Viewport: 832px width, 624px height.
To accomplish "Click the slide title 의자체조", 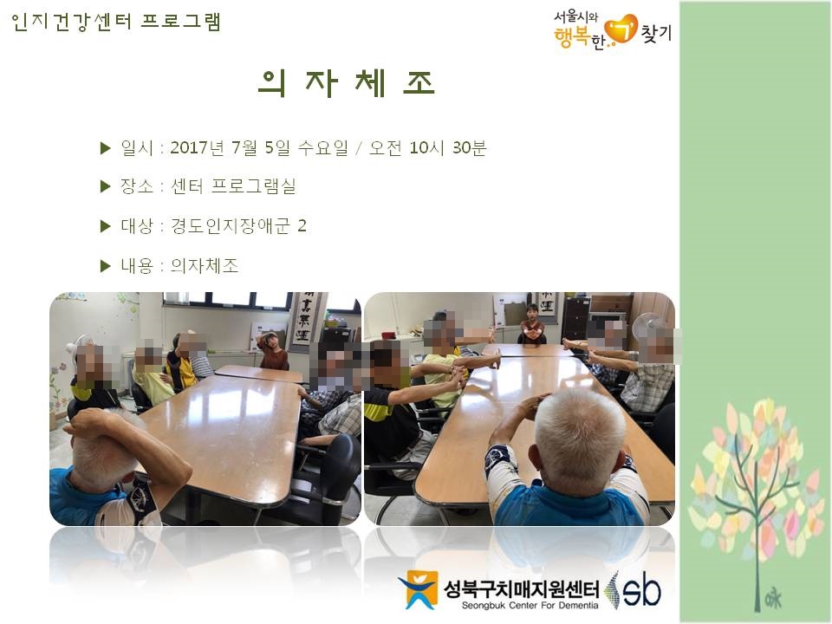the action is (347, 83).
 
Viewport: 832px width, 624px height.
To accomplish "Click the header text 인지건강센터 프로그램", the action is (115, 22).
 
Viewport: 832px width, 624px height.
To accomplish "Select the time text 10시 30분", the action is (447, 147).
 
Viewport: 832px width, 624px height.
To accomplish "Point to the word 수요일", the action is (322, 147).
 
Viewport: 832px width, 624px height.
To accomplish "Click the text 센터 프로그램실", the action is (233, 186).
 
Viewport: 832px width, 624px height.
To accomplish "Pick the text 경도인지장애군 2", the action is (238, 226).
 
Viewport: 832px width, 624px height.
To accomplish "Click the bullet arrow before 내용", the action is (105, 266).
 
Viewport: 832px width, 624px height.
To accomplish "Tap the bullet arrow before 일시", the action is (105, 148).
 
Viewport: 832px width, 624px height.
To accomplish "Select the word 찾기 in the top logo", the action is (656, 33).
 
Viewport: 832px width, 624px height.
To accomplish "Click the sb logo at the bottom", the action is (634, 589).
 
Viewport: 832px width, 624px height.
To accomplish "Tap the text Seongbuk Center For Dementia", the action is (530, 606).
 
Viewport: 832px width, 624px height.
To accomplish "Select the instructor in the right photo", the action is (531, 325).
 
